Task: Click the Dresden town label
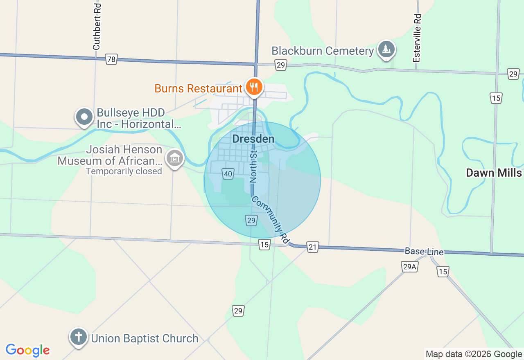coord(253,139)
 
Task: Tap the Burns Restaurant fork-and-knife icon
coord(254,87)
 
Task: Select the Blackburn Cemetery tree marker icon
coord(386,49)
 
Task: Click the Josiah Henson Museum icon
coord(175,157)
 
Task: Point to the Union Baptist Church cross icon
coord(78,337)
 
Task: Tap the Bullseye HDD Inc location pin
coord(84,117)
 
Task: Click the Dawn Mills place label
coord(494,173)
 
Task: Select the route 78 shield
coord(111,59)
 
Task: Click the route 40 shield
coord(228,174)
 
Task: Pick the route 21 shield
coord(313,247)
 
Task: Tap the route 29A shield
coord(409,267)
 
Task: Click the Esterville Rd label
coord(417,38)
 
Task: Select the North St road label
coord(253,166)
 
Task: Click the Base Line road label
coord(424,252)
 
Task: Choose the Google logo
coord(28,350)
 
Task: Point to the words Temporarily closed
coord(124,171)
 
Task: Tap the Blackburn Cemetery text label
coord(323,51)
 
